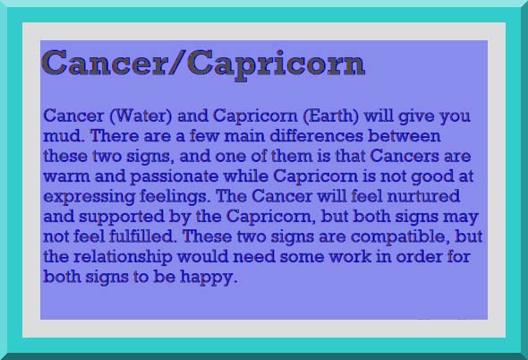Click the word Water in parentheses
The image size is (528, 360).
pyautogui.click(x=141, y=116)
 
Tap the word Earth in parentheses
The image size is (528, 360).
pyautogui.click(x=331, y=116)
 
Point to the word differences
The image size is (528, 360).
pyautogui.click(x=316, y=136)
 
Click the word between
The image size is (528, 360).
pyautogui.click(x=405, y=136)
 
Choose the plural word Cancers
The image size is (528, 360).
pyautogui.click(x=405, y=156)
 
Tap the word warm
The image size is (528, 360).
pyautogui.click(x=67, y=176)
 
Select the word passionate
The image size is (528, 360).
pyautogui.click(x=174, y=177)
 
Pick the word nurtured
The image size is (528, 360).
pyautogui.click(x=423, y=196)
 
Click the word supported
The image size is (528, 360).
pyautogui.click(x=121, y=218)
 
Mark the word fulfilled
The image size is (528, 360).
pyautogui.click(x=142, y=236)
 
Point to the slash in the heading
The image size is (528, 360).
pyautogui.click(x=177, y=63)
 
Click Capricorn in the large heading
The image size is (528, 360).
pyautogui.click(x=276, y=65)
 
